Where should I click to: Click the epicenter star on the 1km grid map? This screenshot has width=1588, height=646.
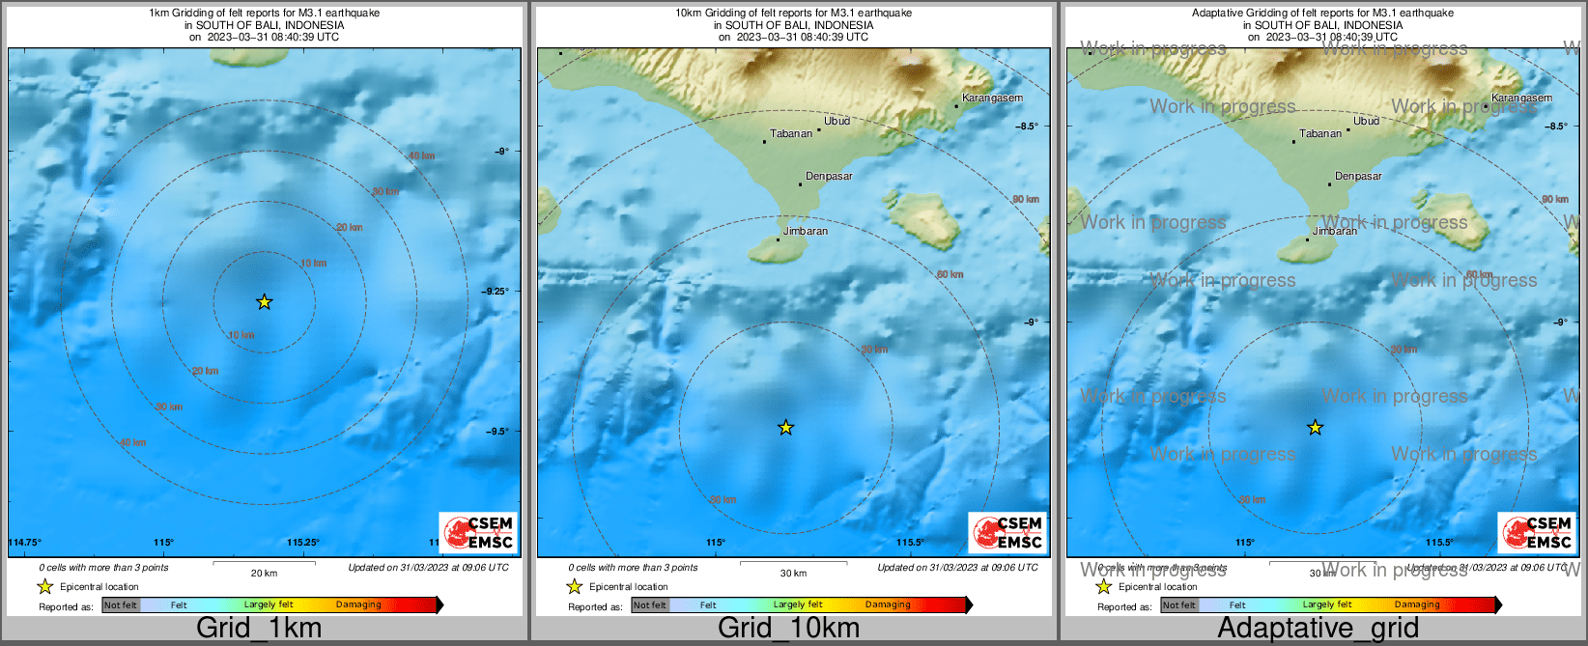tap(265, 302)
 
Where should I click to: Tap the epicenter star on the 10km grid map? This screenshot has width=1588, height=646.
tap(786, 428)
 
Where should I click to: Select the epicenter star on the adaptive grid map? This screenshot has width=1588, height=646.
tap(1315, 428)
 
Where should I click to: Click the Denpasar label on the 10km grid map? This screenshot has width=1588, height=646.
tap(829, 177)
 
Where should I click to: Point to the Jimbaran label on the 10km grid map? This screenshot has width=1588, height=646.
tap(805, 232)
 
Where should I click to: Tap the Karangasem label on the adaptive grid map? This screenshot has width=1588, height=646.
tap(1521, 98)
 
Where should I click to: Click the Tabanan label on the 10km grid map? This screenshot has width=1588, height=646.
tap(791, 134)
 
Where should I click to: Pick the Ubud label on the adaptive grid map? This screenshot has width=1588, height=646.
tap(1366, 122)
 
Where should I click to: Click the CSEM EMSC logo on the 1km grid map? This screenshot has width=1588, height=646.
tap(478, 533)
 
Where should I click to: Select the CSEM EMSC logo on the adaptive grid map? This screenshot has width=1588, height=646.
tap(1536, 533)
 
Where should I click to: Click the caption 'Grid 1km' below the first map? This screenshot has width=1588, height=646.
tap(259, 628)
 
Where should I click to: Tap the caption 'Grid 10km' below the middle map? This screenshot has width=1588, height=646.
tap(788, 628)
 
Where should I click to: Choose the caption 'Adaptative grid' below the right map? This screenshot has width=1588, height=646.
tap(1318, 628)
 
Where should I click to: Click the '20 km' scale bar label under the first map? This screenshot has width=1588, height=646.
tap(264, 574)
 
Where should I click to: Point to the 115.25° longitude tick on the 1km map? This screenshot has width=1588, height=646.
tap(303, 543)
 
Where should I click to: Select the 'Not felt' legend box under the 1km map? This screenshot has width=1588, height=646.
tap(121, 605)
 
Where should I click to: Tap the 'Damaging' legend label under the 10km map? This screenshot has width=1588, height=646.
tap(888, 605)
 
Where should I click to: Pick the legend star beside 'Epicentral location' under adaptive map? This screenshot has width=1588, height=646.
tap(1103, 587)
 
